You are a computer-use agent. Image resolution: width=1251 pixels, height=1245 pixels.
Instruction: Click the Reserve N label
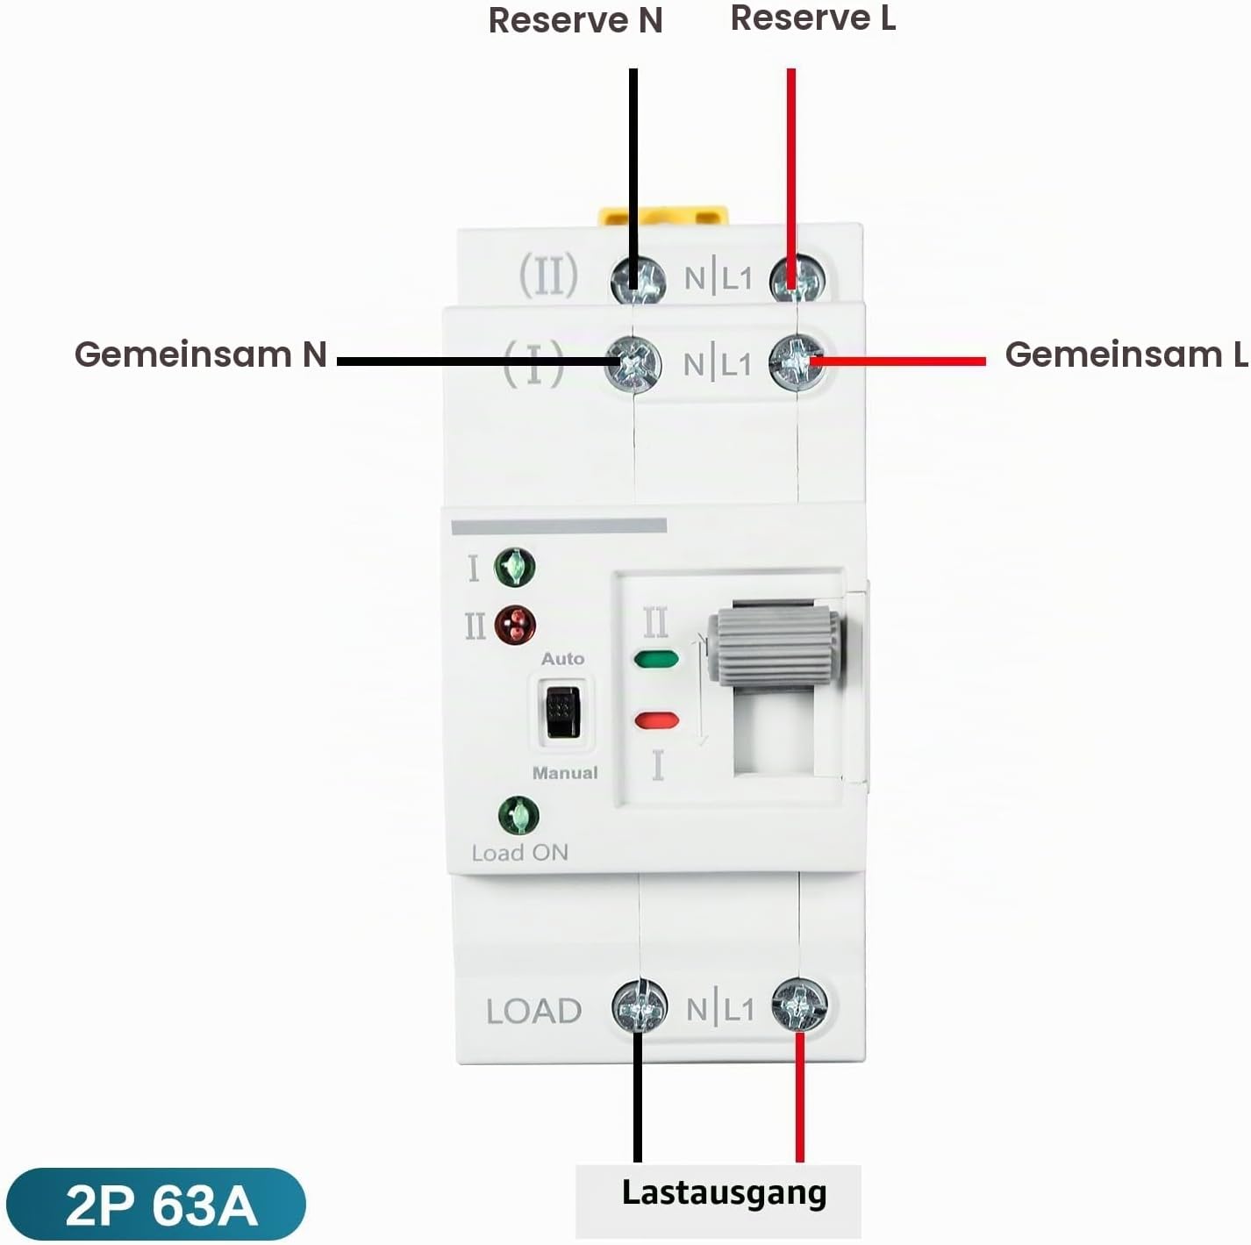[x=575, y=20]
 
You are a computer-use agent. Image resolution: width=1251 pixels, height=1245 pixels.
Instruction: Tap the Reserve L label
[x=813, y=18]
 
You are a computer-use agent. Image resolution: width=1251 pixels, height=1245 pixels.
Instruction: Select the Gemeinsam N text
[x=201, y=354]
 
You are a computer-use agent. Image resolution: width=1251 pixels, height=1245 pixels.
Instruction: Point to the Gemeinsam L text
[x=1126, y=354]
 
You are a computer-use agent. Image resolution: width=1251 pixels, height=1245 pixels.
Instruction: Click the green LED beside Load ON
[x=518, y=816]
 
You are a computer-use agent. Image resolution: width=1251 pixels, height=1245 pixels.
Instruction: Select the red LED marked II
[x=516, y=626]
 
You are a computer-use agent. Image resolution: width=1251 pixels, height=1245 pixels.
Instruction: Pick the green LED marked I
[x=515, y=567]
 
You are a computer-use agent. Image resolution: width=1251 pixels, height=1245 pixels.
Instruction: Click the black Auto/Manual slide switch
[x=562, y=712]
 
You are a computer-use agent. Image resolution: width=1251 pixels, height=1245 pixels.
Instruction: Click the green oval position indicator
[x=656, y=660]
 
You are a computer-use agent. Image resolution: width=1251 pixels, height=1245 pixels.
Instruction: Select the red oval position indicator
[x=657, y=720]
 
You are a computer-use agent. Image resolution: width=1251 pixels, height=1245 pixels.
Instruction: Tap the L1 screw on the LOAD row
[x=799, y=1006]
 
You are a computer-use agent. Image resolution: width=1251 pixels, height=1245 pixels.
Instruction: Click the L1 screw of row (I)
[x=797, y=363]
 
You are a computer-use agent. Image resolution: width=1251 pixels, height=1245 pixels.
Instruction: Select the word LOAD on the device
[x=533, y=1012]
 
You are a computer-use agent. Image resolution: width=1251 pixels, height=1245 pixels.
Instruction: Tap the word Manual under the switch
[x=565, y=773]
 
